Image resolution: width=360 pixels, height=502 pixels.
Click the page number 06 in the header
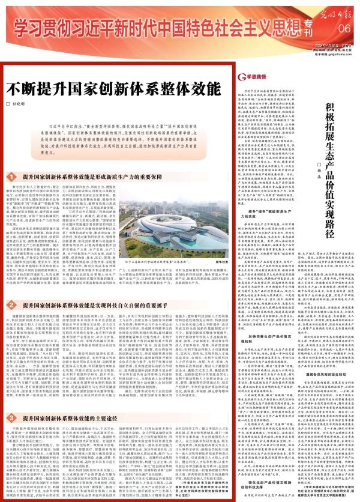(x=344, y=28)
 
